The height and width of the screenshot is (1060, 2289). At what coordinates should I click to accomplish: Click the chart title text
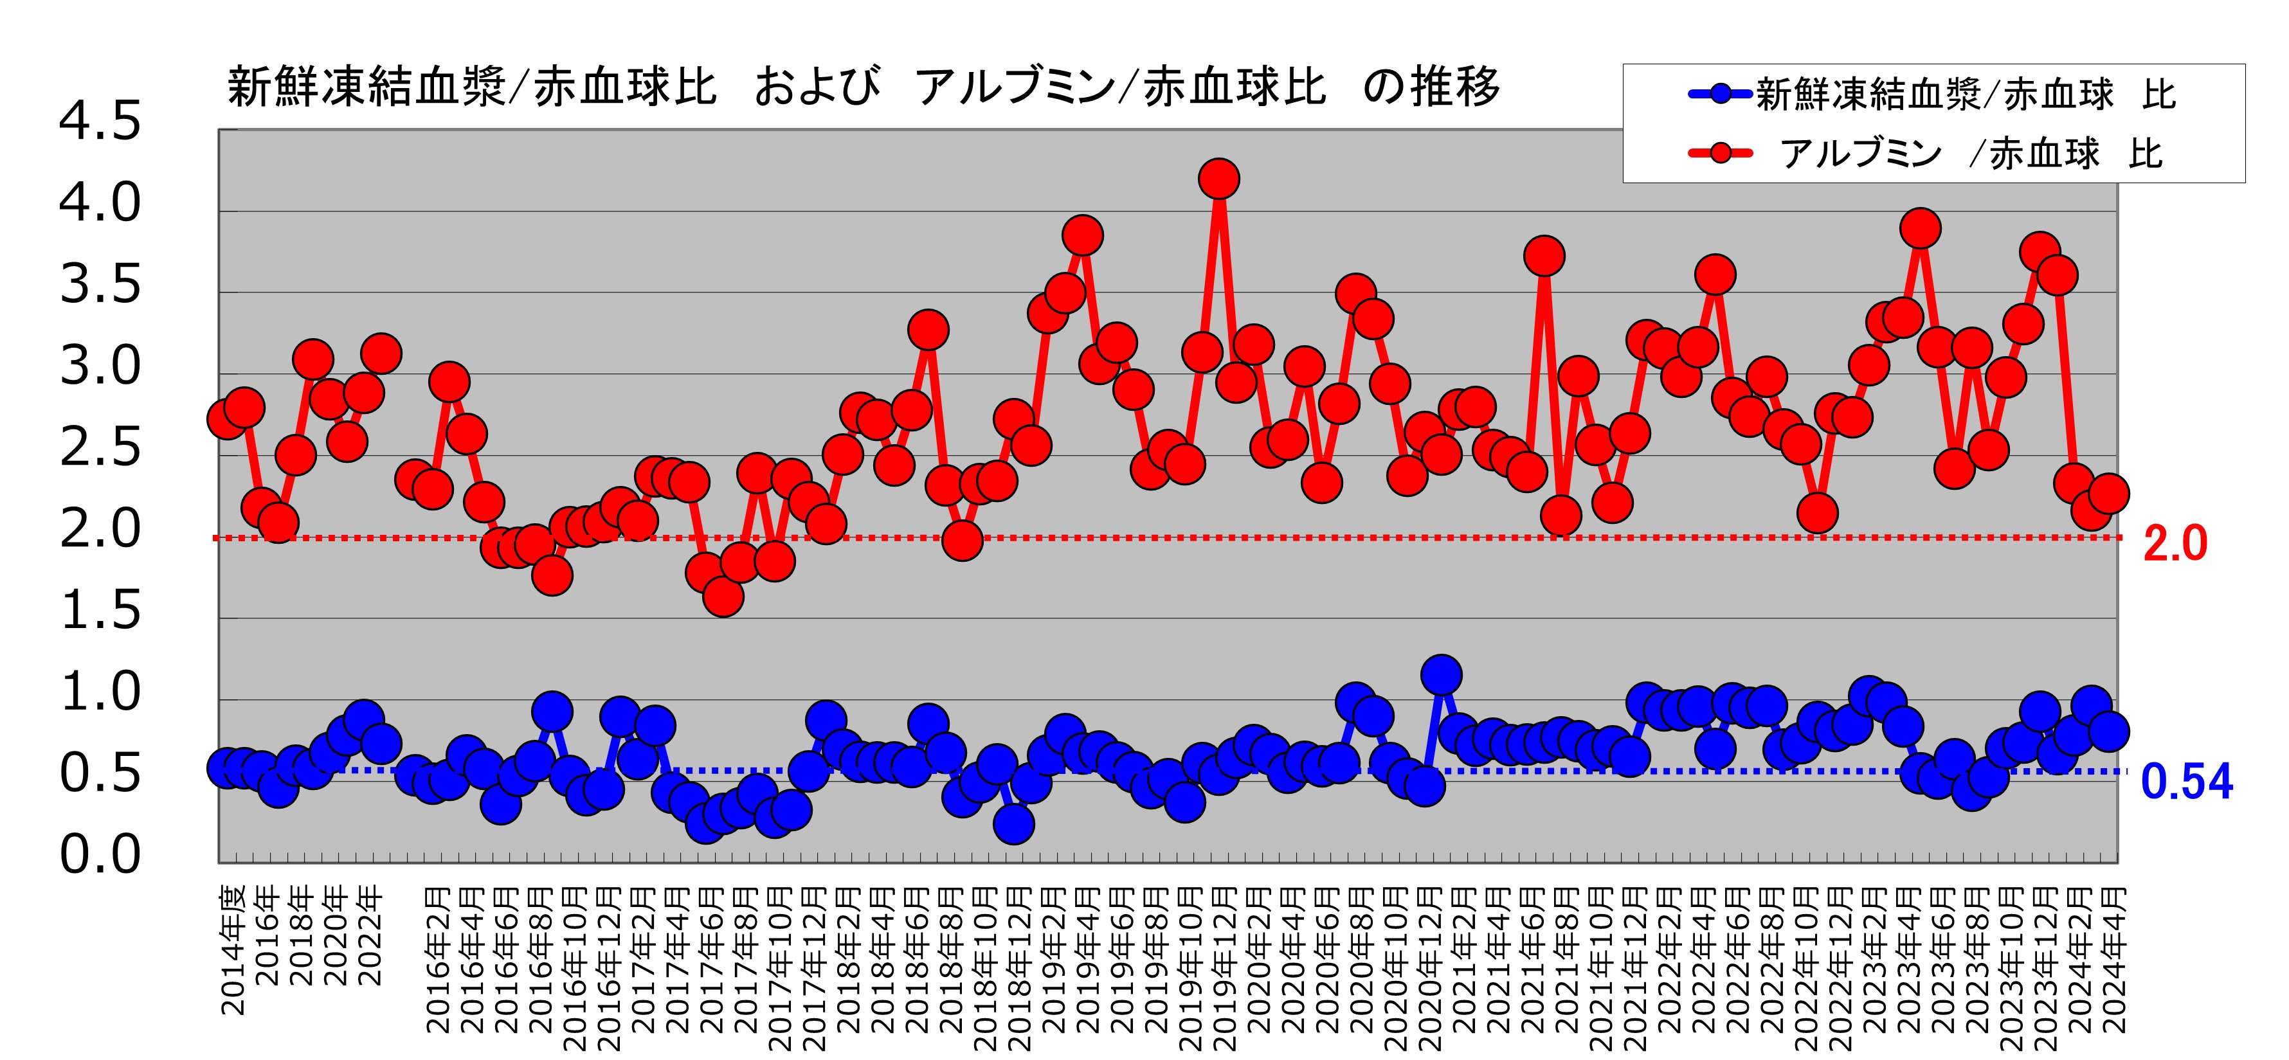click(x=862, y=87)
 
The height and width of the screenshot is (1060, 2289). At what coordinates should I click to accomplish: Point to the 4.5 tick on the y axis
click(x=100, y=121)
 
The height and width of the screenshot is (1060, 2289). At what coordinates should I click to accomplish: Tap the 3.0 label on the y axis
click(x=100, y=366)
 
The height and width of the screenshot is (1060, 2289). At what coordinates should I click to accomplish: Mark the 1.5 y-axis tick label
click(x=100, y=611)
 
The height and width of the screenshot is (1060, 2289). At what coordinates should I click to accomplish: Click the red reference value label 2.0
click(x=2175, y=544)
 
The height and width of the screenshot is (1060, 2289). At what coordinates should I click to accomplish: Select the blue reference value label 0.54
click(x=2186, y=782)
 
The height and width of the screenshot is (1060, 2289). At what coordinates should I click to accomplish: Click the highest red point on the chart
click(x=1218, y=179)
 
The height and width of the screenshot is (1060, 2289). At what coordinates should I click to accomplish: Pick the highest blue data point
click(x=1440, y=675)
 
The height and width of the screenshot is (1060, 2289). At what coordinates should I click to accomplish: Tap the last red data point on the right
click(x=2108, y=492)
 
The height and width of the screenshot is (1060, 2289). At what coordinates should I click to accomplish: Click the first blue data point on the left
click(x=226, y=768)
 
